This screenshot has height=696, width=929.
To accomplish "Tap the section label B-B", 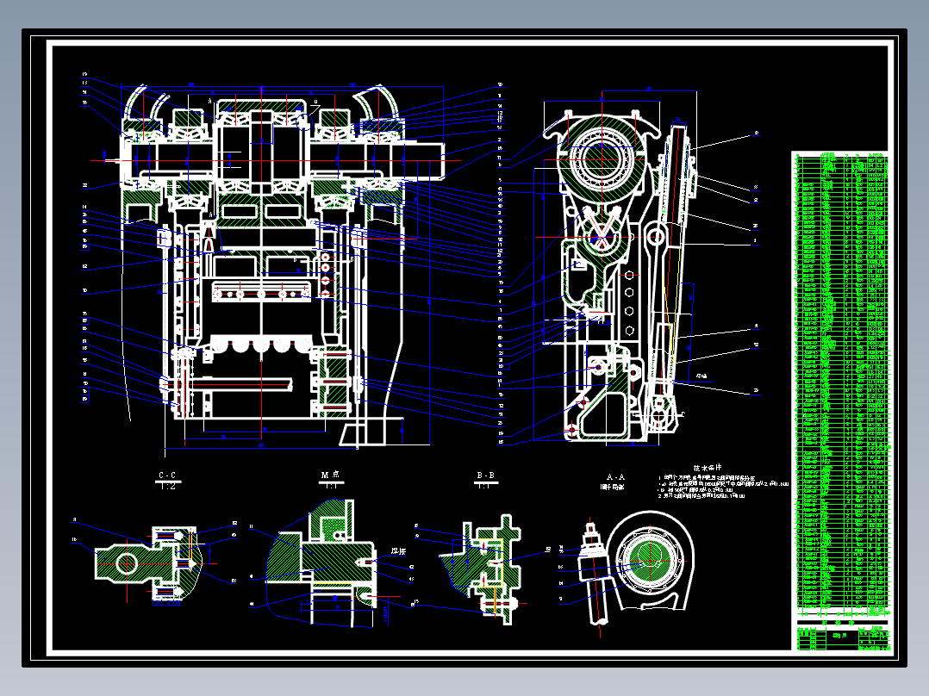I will [486, 475].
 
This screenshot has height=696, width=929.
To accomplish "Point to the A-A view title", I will [615, 475].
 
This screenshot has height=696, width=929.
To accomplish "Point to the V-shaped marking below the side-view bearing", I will [607, 226].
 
